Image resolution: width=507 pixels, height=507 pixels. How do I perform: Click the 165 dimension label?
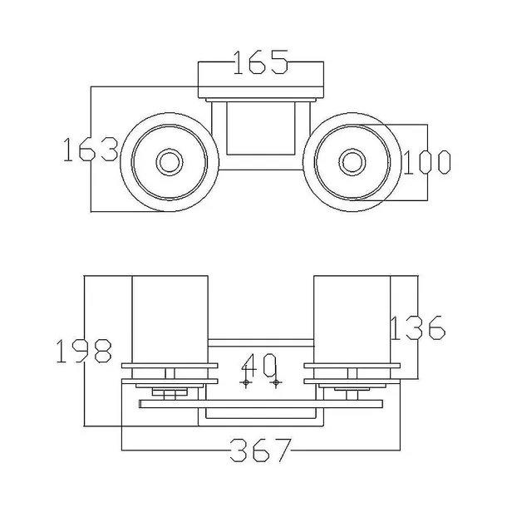[x=260, y=62]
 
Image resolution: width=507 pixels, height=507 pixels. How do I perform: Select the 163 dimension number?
[x=91, y=150]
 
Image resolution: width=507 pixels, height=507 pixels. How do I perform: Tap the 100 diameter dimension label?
[x=427, y=162]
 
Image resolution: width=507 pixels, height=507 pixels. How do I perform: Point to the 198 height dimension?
[x=84, y=351]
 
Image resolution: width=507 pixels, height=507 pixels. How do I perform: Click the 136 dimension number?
[x=418, y=327]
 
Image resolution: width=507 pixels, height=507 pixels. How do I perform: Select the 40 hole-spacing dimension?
[x=259, y=366]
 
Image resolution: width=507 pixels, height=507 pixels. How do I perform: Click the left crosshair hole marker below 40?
[x=246, y=382]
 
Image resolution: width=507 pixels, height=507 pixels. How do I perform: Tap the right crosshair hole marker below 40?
[x=276, y=382]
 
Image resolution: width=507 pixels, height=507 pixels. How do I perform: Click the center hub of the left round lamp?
[x=170, y=162]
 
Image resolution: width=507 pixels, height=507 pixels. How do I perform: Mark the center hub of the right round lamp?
[x=352, y=162]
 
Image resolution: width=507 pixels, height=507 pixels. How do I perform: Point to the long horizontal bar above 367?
[x=261, y=404]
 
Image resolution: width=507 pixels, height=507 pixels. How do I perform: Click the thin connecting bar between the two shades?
[x=261, y=342]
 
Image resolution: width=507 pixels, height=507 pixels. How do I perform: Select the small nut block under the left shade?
[x=170, y=392]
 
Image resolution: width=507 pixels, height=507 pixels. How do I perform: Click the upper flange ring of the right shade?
[x=352, y=366]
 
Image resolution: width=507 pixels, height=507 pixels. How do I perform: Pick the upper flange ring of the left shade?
[x=170, y=366]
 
